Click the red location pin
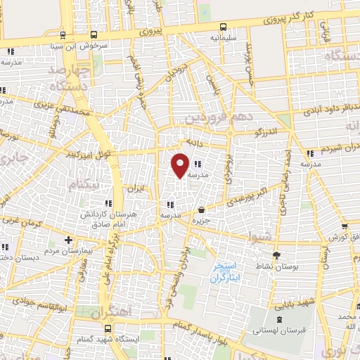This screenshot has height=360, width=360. [x=180, y=165]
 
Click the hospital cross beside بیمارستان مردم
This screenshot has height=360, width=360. [x=67, y=240]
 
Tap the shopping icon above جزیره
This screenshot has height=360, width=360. [x=202, y=210]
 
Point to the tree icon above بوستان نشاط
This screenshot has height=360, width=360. [x=276, y=255]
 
